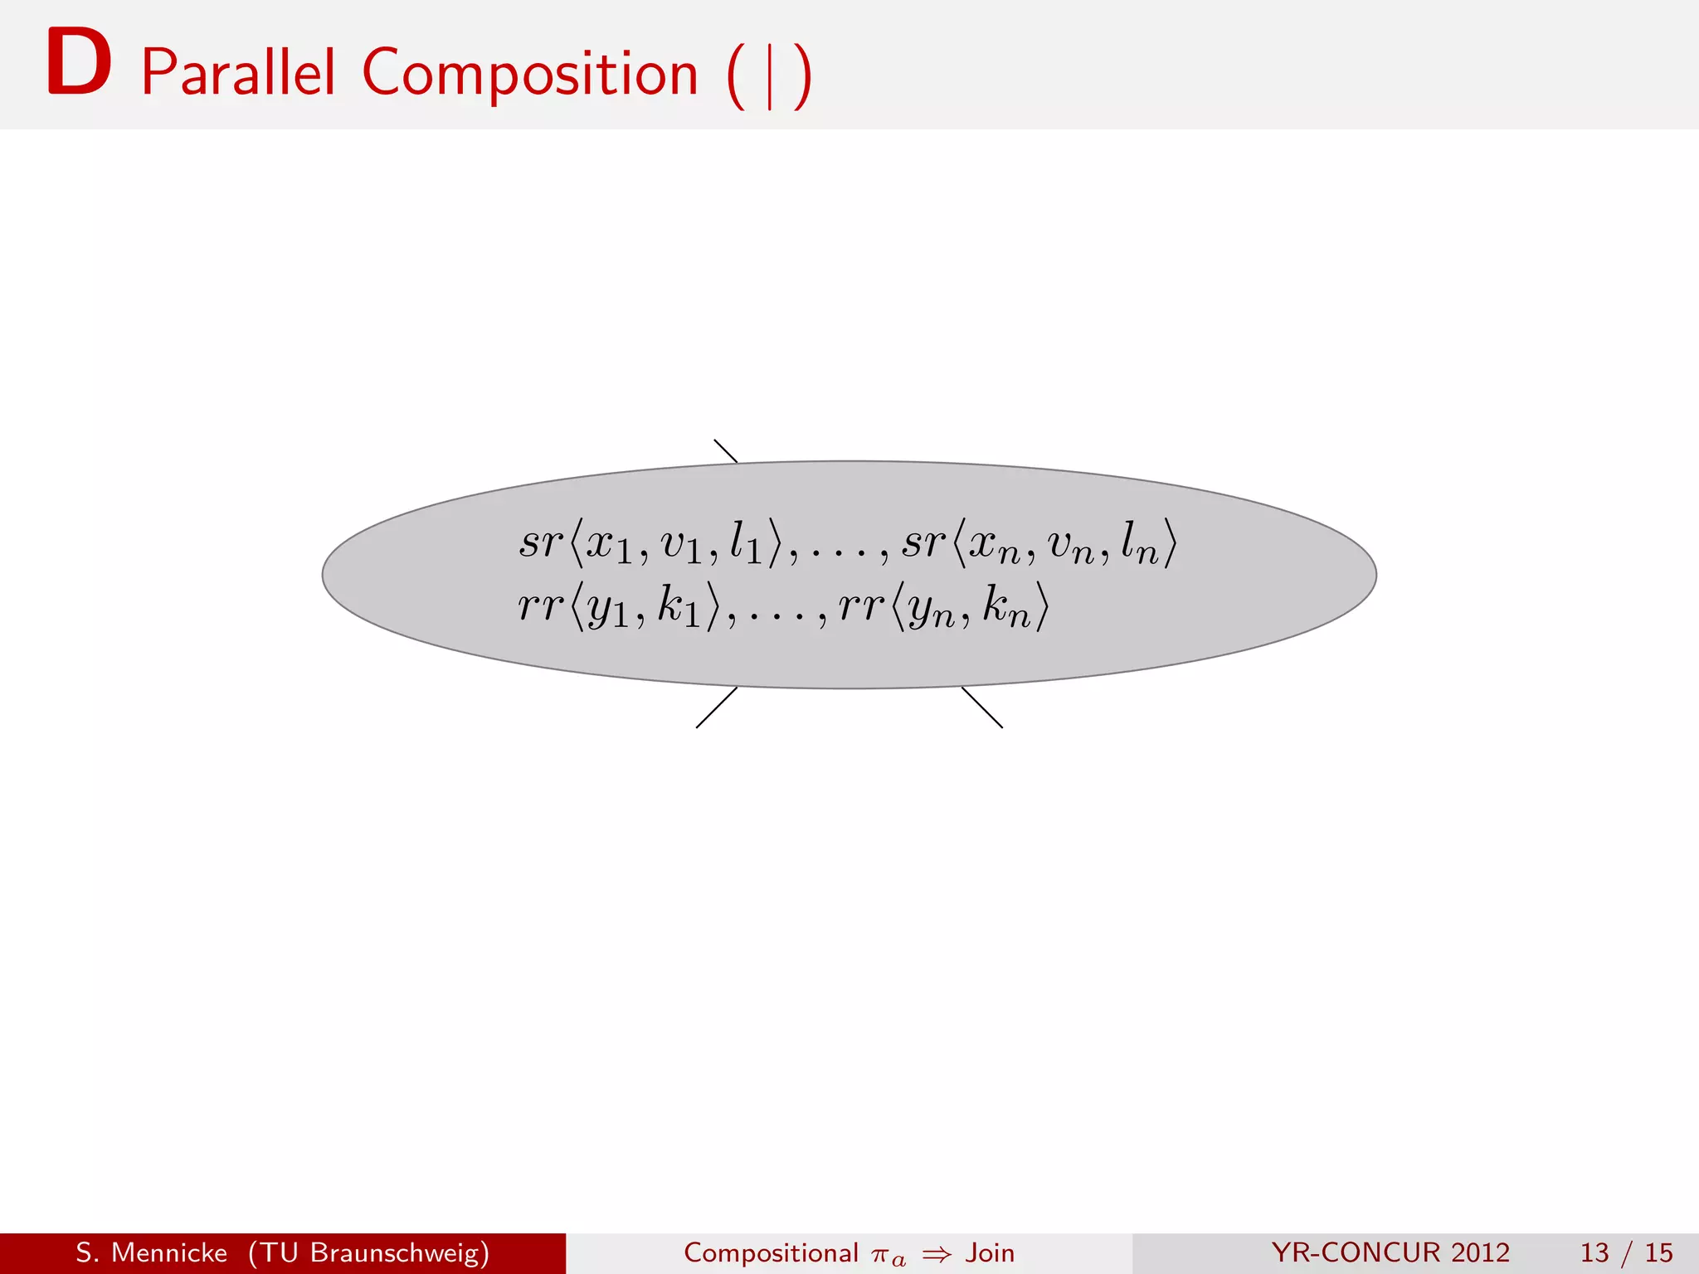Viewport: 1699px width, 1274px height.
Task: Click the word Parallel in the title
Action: [238, 73]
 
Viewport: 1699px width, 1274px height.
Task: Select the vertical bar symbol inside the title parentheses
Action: [770, 76]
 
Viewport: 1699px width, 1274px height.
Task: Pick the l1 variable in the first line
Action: [745, 544]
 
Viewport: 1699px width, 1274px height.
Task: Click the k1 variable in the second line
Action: [679, 607]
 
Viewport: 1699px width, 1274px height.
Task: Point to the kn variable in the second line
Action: [1006, 607]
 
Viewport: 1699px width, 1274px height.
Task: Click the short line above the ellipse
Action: [726, 450]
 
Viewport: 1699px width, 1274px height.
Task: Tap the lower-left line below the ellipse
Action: [716, 708]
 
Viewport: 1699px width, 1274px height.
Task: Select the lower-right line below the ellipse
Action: [982, 708]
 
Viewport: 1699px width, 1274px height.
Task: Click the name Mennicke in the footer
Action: [169, 1252]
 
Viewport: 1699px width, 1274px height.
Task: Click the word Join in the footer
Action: [990, 1252]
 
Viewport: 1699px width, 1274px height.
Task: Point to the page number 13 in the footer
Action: [1595, 1252]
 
